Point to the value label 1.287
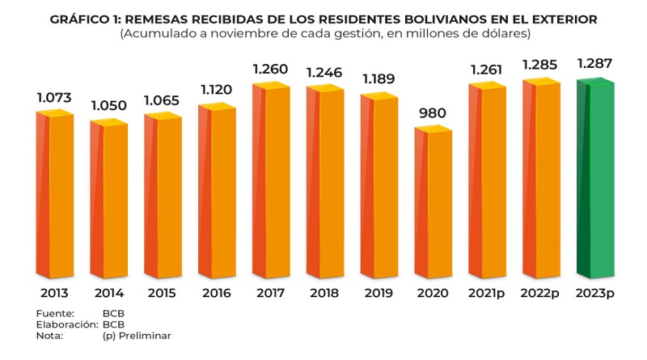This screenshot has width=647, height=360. tap(595, 62)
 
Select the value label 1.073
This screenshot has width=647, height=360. tap(54, 98)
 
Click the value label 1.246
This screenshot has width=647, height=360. tap(325, 71)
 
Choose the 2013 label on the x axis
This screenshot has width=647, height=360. tap(54, 293)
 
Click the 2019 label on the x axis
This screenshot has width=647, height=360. tap(378, 293)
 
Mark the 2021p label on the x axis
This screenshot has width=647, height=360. tap(487, 293)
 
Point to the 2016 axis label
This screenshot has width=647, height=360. tap(217, 293)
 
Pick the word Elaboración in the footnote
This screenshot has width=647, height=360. tap(66, 324)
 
